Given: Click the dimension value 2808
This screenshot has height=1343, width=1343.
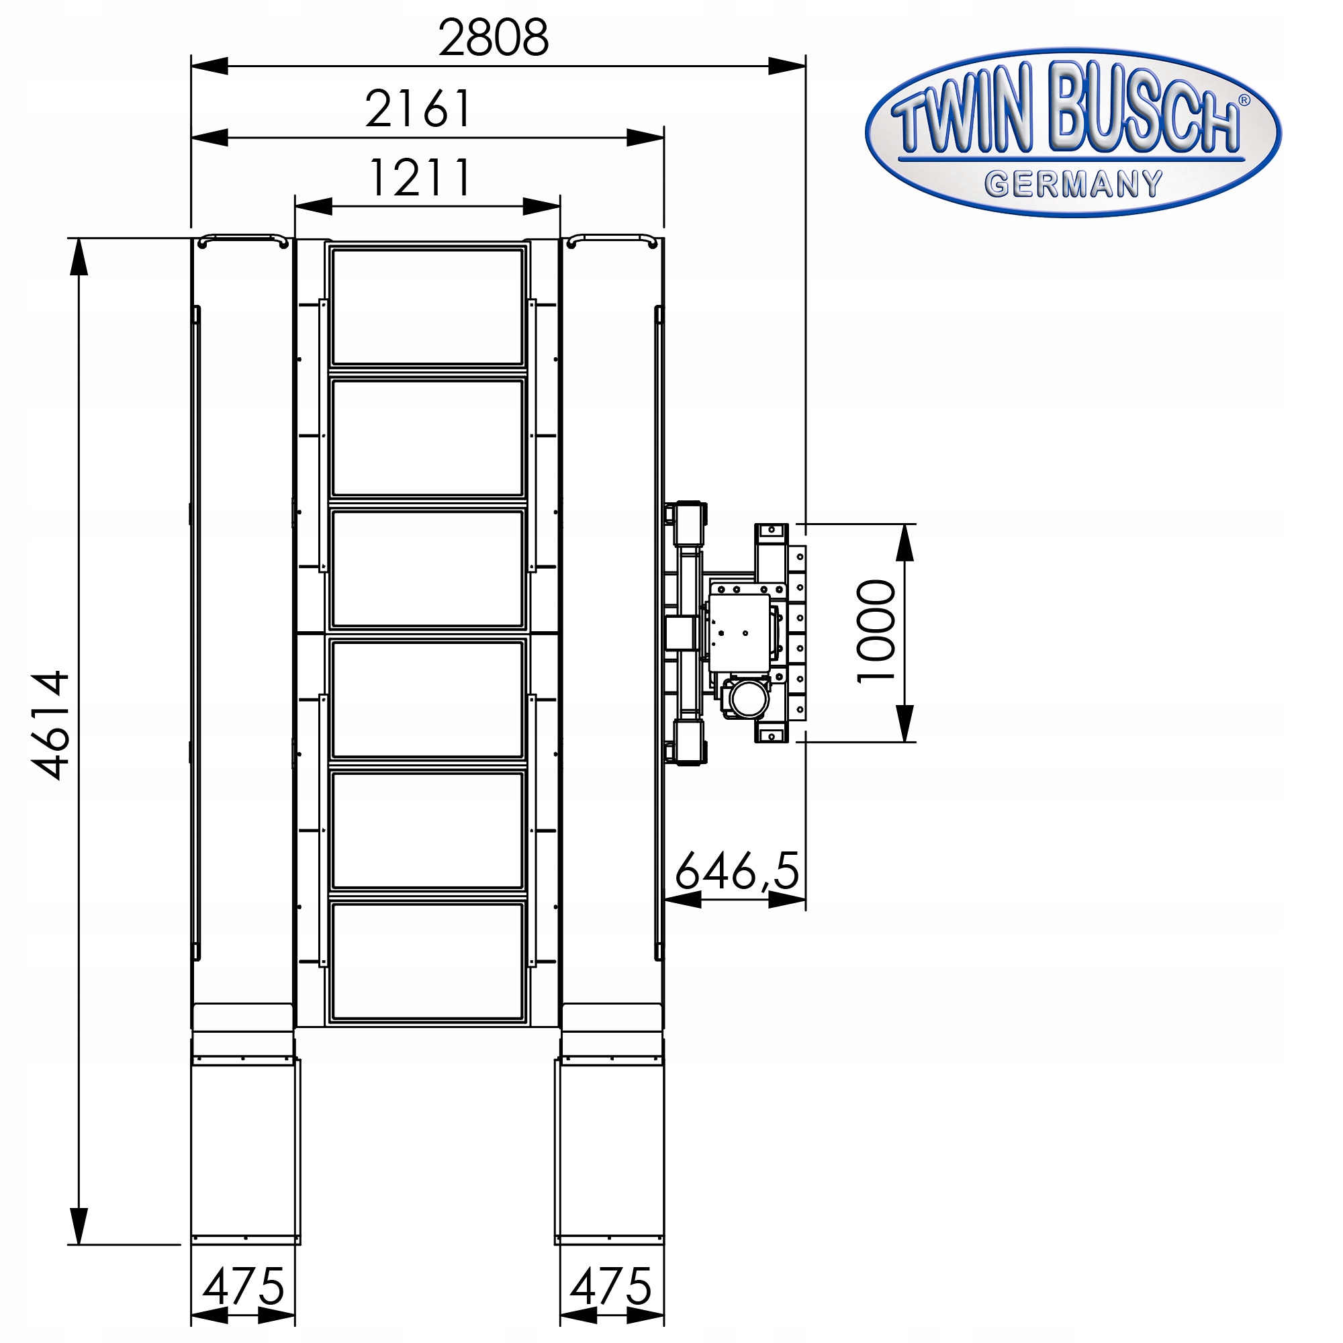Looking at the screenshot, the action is click(494, 38).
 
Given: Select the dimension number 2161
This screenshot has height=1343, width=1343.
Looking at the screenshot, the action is click(418, 108).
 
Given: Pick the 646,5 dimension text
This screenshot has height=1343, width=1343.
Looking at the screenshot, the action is click(737, 871).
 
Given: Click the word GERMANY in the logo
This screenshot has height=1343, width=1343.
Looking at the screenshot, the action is click(1073, 184).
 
